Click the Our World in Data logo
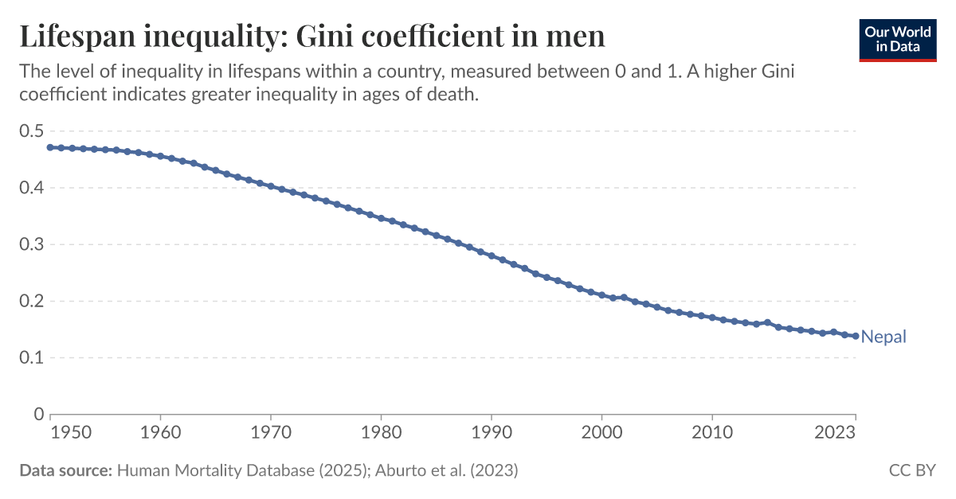point(897,38)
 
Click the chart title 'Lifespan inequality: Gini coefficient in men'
point(311,37)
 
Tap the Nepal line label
point(884,337)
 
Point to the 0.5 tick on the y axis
point(31,131)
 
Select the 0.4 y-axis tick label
point(31,188)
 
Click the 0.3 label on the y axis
point(31,244)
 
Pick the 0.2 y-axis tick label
point(31,301)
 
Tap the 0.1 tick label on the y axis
point(31,357)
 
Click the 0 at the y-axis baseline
point(38,414)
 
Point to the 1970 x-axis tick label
point(271,433)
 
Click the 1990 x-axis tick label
point(492,433)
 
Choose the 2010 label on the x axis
point(712,433)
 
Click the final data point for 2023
point(856,336)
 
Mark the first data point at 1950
point(50,147)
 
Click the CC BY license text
point(912,470)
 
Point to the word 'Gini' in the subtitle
point(779,72)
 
